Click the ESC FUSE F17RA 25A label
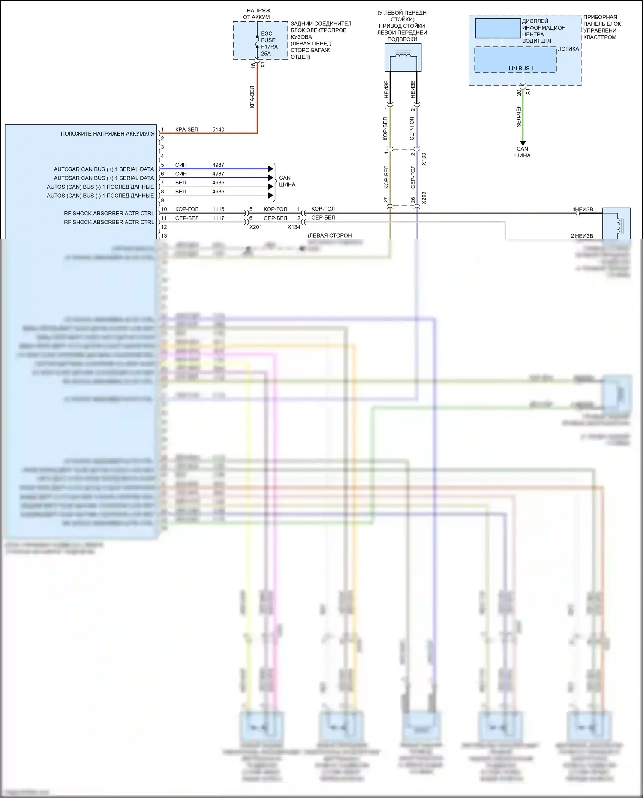coord(269,43)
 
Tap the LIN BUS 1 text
coord(521,69)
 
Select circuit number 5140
coord(218,129)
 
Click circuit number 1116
coord(218,209)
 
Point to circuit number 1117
coord(218,218)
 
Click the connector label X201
coord(255,227)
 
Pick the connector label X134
coord(294,227)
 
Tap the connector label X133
coord(424,159)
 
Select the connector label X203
coord(424,198)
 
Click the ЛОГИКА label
coord(568,49)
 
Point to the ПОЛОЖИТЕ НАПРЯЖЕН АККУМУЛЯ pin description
coord(108,134)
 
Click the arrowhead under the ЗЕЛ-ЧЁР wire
coord(522,143)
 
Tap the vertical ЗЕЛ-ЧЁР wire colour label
coord(519,116)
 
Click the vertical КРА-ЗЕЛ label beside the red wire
coord(252,97)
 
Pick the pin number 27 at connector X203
coord(386,200)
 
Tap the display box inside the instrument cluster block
coord(497,28)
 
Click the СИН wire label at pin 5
coord(181,165)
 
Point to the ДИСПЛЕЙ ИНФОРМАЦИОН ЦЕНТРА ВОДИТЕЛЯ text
coord(543,31)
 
